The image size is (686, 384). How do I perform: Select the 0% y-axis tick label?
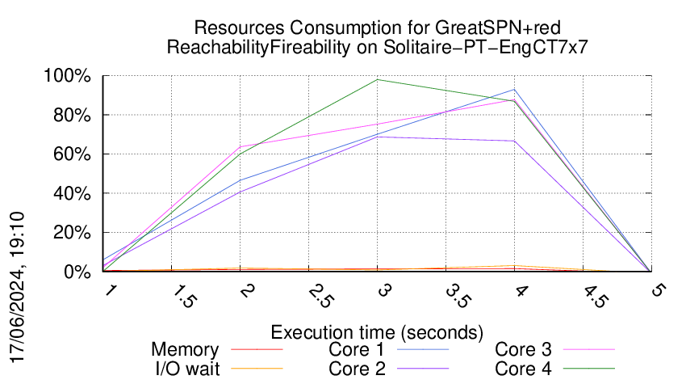79,272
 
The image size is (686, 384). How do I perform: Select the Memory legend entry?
185,350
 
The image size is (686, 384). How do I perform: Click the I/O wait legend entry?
185,368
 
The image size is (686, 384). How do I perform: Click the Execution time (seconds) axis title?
377,332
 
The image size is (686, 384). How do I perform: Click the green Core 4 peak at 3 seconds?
377,79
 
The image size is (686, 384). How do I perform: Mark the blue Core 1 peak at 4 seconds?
513,90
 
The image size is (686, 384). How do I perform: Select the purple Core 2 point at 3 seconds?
377,137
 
